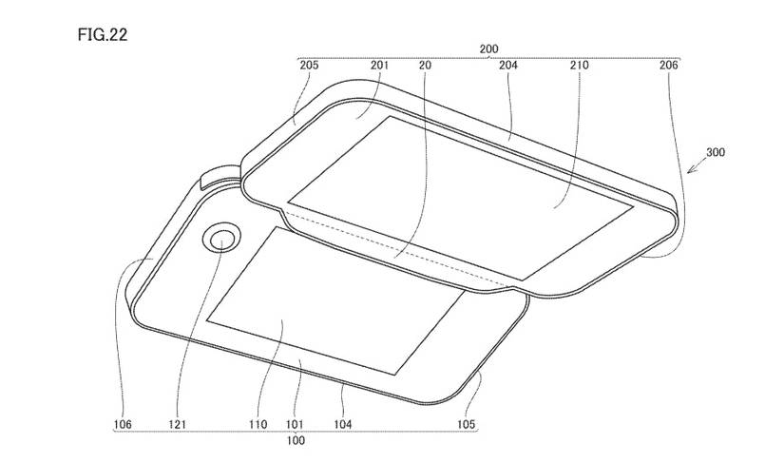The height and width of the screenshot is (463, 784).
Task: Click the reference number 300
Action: click(x=718, y=151)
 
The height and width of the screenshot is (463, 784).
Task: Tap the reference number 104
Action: click(x=342, y=424)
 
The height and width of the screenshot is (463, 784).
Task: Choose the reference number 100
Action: click(x=297, y=442)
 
